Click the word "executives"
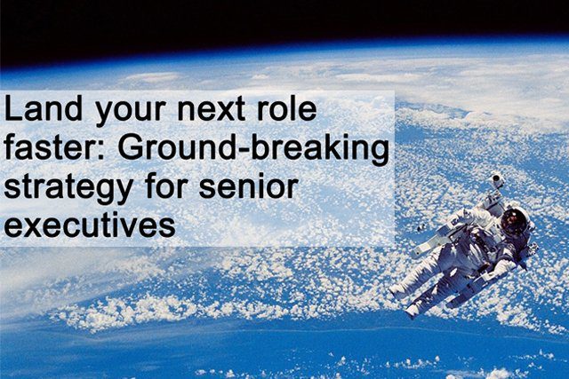(89, 225)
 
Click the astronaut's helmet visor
(513, 219)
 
